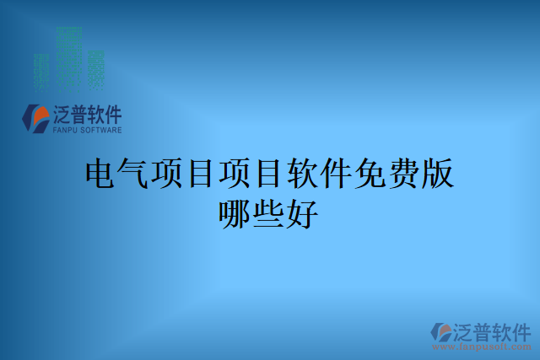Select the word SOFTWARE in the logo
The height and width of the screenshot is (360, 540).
pos(102,131)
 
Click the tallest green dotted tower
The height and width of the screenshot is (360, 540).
pos(71,55)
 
